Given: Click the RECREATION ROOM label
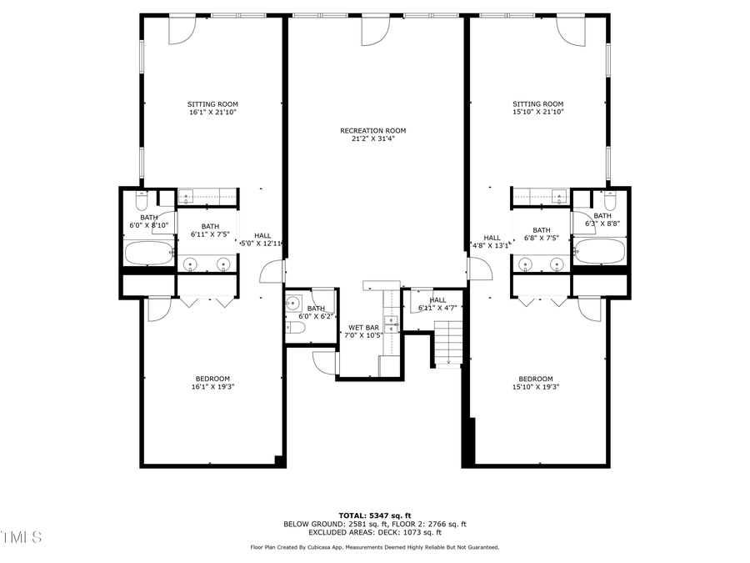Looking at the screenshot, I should point(372,130).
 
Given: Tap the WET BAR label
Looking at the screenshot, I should point(365,327).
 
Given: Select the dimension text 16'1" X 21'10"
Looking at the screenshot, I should point(212,112).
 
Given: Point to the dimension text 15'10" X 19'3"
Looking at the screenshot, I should point(535,386).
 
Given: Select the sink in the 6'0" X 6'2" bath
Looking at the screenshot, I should point(292,303).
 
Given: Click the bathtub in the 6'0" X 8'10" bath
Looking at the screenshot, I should point(148,252).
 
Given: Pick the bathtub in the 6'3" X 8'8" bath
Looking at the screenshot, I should point(599,251).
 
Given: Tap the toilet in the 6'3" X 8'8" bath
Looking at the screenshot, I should point(609,200).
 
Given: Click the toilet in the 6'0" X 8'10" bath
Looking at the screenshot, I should point(141,200).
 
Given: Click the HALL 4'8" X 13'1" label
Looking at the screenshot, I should point(492,242).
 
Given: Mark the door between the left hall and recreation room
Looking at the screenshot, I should point(272,271).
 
